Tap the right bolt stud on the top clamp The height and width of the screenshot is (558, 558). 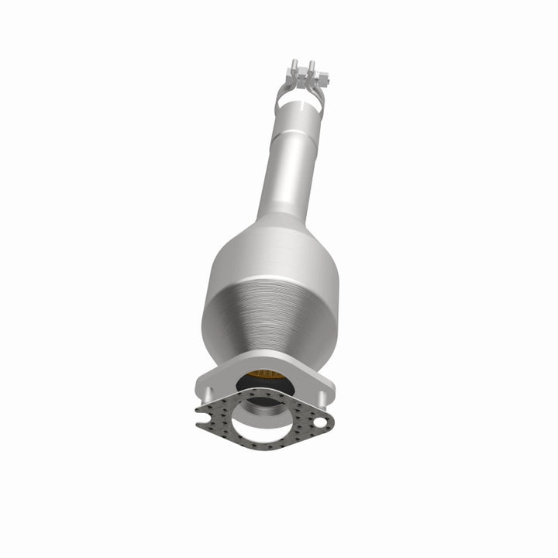click(x=311, y=67)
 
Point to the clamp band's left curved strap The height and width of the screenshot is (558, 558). click(x=281, y=95)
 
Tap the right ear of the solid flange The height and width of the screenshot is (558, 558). click(x=325, y=387)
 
